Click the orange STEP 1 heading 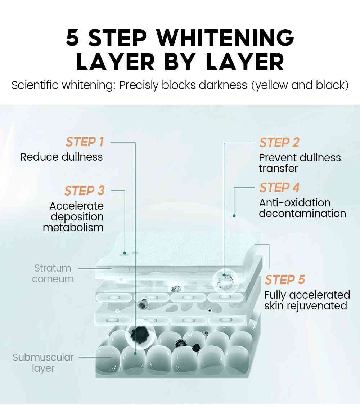pos(85,142)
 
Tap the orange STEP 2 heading pos(279,143)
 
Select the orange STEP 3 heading pos(85,191)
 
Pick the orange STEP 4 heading pos(279,187)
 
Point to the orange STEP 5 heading pos(285,279)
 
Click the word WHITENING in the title pos(225,38)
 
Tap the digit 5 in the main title pos(72,38)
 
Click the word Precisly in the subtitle pos(139,85)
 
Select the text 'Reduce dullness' pos(62,157)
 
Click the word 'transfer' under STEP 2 pos(278,169)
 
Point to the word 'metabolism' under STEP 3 pos(73,228)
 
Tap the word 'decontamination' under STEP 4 pos(302,213)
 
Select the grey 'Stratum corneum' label pos(53,274)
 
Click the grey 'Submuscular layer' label pos(43,363)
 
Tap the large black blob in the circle pos(140,334)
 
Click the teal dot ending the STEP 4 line pos(234,216)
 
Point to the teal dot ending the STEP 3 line pos(125,253)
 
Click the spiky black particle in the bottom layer pos(181,343)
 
